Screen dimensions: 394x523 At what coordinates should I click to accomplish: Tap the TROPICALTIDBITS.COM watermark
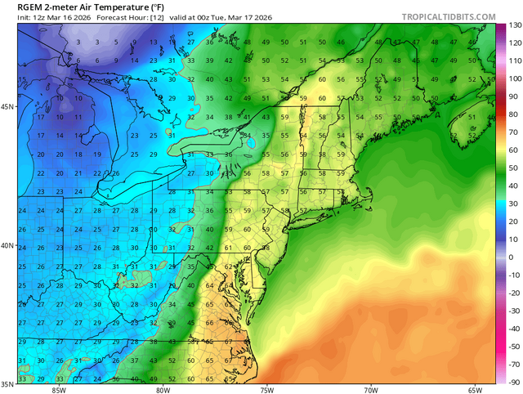tap(448, 16)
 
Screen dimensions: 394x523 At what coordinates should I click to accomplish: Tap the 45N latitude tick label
tap(7, 107)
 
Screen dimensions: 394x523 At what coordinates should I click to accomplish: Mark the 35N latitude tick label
tap(7, 383)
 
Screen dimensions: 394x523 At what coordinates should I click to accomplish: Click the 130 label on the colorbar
tap(515, 25)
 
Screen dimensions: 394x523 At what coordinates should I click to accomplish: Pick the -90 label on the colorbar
tap(514, 382)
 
